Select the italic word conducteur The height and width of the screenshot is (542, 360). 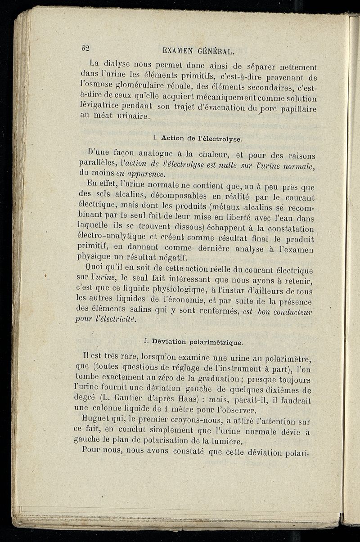[292, 311]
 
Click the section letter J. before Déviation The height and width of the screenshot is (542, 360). [148, 341]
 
